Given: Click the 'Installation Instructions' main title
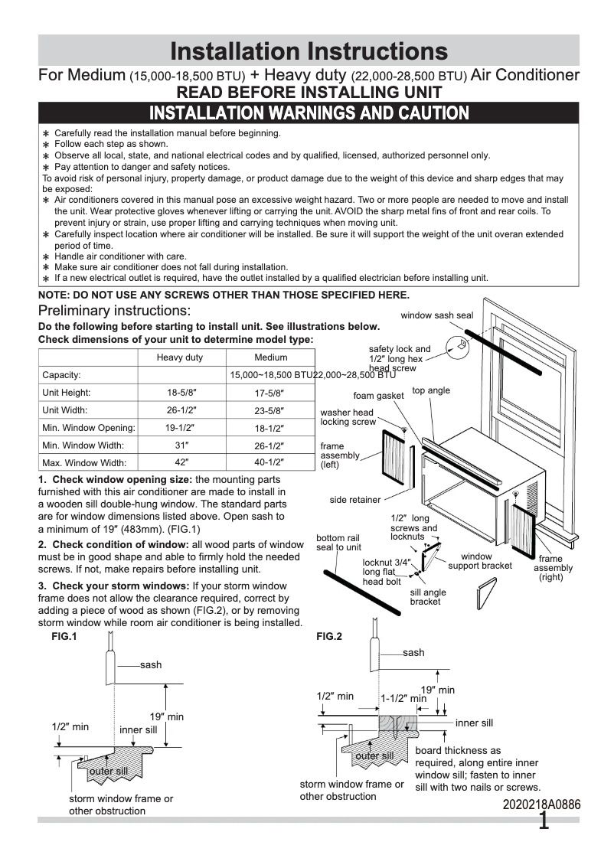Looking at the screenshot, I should coord(308,51).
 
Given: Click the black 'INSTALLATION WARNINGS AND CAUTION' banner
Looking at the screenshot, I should coord(308,113).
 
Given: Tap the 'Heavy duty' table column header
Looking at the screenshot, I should coord(180,357).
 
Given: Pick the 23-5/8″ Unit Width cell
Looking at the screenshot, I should coord(270,410).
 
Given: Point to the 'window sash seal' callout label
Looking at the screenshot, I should coord(436,315).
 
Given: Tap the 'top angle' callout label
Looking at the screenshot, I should coord(431,390).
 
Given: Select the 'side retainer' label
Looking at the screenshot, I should coord(354,500).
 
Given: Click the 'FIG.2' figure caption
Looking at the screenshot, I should coord(328,637).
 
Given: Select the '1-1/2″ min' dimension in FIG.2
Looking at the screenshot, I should coord(403,698).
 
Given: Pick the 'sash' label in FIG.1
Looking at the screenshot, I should coord(151,664).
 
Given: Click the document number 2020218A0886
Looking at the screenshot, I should coord(542,804).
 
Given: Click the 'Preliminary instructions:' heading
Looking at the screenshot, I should coord(114,311).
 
